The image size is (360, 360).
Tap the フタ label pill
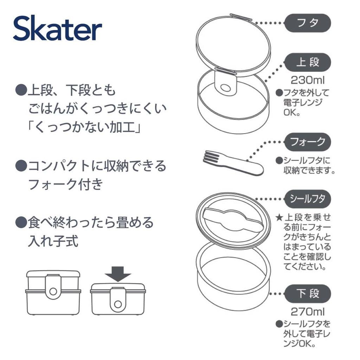307,23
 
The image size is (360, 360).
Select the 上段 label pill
307,62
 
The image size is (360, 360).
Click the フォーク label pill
307,142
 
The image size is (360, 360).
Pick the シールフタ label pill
307,199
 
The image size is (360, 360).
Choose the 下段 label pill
307,294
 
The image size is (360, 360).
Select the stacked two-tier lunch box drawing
53,292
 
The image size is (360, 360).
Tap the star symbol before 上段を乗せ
279,218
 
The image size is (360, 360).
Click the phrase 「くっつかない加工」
84,127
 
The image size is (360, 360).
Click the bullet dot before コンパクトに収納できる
21,165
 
